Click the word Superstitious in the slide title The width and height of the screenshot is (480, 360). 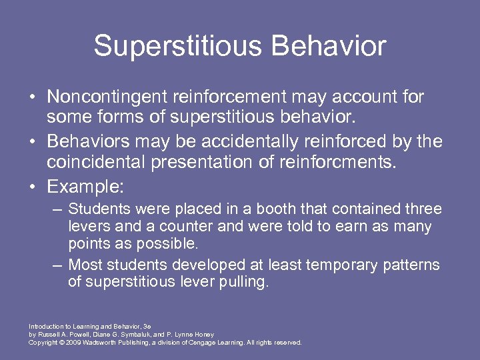pos(176,46)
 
